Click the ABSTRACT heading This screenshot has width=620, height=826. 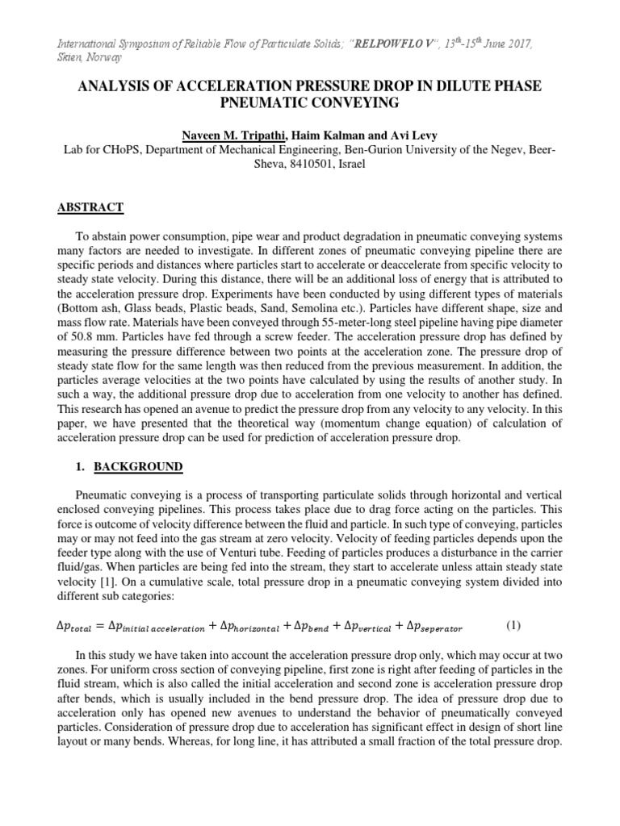[x=90, y=207]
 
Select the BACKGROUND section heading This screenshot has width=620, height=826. [x=136, y=466]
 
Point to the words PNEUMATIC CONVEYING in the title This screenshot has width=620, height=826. [x=309, y=104]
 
